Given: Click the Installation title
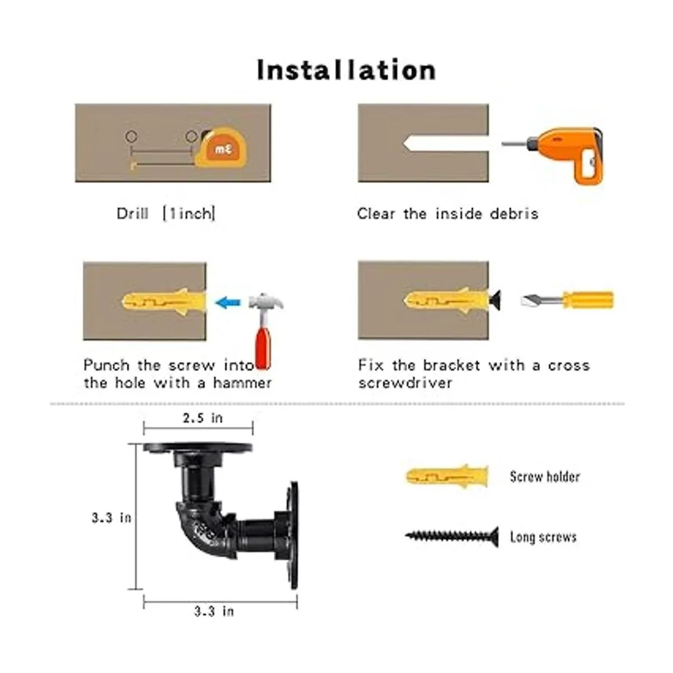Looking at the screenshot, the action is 346,70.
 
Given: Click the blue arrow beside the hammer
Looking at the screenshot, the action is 228,302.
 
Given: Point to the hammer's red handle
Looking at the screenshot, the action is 263,348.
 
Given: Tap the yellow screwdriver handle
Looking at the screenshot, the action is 587,299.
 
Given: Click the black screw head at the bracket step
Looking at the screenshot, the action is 495,299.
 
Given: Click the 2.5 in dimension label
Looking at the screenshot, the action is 202,418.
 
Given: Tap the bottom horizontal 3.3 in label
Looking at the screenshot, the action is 214,611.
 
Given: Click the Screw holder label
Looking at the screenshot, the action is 545,476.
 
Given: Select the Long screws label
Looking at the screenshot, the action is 543,537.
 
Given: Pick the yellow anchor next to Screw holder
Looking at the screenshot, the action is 446,476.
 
